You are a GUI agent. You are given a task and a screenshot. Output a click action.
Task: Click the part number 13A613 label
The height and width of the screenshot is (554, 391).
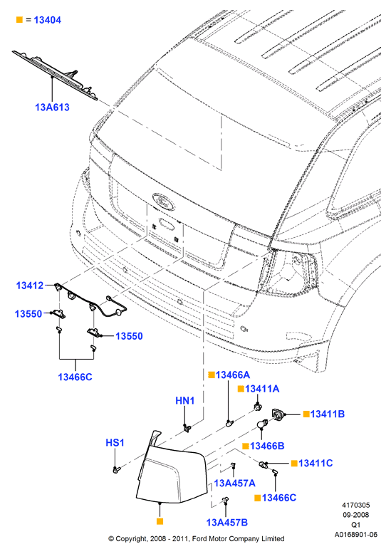(52, 107)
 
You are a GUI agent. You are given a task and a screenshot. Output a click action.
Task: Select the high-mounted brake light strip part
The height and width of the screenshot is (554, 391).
(55, 75)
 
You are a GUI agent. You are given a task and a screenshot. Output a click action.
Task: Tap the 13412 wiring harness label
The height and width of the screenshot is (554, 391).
(30, 286)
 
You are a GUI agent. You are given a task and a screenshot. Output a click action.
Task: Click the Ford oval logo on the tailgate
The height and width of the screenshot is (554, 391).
(163, 202)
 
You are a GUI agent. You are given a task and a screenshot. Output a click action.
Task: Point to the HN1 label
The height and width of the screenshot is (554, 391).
(185, 401)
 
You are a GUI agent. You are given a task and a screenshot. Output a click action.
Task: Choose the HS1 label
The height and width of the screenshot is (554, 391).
(115, 443)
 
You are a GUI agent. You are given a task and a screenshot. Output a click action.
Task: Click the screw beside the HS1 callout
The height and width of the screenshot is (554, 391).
(117, 469)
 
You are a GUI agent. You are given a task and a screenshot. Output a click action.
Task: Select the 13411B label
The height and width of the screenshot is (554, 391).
(328, 414)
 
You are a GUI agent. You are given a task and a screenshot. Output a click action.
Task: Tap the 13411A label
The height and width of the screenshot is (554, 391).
(262, 389)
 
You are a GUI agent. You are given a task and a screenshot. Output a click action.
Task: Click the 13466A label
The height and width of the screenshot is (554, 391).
(233, 375)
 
